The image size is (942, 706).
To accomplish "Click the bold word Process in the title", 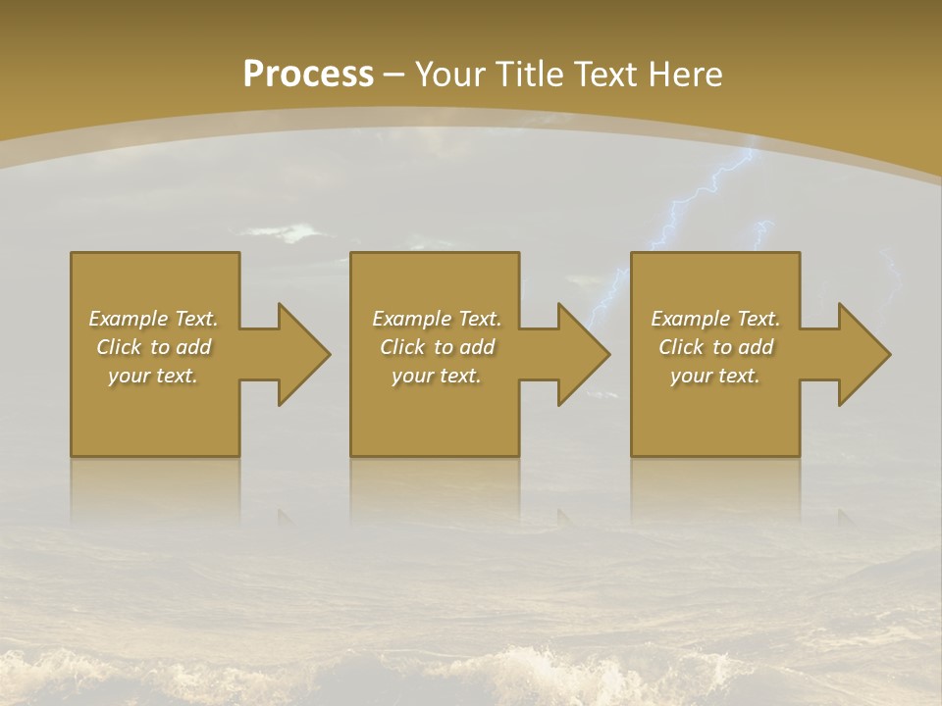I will coord(308,75).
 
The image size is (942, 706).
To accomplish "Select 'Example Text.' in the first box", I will coord(153,319).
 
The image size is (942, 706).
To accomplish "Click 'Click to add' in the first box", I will coord(153,347).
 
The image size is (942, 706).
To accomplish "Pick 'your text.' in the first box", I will coord(153,376).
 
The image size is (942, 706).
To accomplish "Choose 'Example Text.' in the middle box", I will coord(436,319).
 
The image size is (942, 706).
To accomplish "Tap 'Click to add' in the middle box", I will coord(436,347).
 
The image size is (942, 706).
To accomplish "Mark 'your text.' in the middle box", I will coord(436,376).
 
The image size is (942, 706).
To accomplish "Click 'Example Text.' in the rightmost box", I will coord(714,319).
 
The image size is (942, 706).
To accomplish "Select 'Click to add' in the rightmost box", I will coord(714,347).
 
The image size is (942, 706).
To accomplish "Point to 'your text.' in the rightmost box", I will coord(714,376).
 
